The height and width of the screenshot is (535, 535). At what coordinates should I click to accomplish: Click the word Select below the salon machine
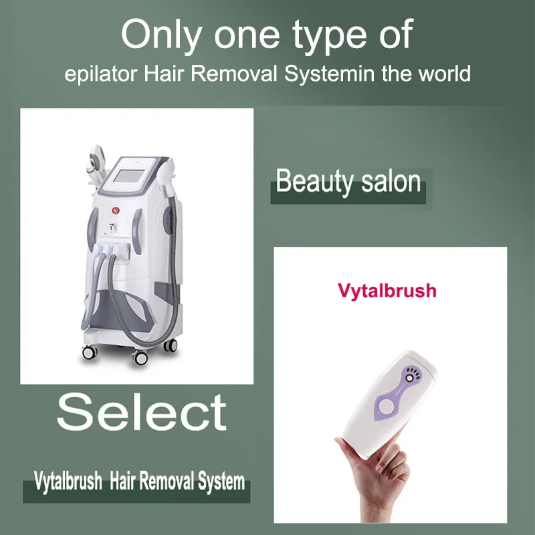click(x=142, y=411)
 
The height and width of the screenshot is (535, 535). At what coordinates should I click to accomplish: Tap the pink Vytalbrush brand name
click(x=387, y=291)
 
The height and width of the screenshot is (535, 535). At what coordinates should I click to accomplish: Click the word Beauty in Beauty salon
click(x=314, y=181)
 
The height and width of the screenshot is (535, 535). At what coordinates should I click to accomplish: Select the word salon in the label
click(x=391, y=181)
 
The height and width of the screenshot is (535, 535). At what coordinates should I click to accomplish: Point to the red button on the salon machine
click(x=116, y=210)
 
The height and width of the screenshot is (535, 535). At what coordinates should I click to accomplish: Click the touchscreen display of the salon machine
click(x=128, y=176)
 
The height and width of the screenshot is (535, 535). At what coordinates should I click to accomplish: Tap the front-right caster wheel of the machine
click(x=140, y=358)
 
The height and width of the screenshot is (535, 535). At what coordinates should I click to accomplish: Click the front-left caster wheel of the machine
click(x=90, y=352)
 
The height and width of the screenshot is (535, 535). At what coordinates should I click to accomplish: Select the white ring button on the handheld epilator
click(x=386, y=406)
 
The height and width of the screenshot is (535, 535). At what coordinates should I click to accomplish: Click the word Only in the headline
click(x=161, y=35)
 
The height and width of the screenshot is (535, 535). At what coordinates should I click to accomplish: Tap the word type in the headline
click(x=330, y=36)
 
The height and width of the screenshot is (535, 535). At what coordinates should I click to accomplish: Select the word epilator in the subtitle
click(x=101, y=74)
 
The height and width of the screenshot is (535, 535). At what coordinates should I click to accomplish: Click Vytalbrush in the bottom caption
click(x=68, y=481)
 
